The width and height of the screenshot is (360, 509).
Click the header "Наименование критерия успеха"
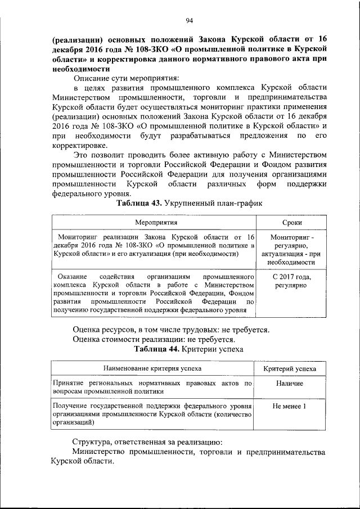click(x=153, y=368)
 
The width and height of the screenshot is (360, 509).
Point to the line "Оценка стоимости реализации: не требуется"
click(x=154, y=339)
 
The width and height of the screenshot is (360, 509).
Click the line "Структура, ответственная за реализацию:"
click(x=147, y=440)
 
